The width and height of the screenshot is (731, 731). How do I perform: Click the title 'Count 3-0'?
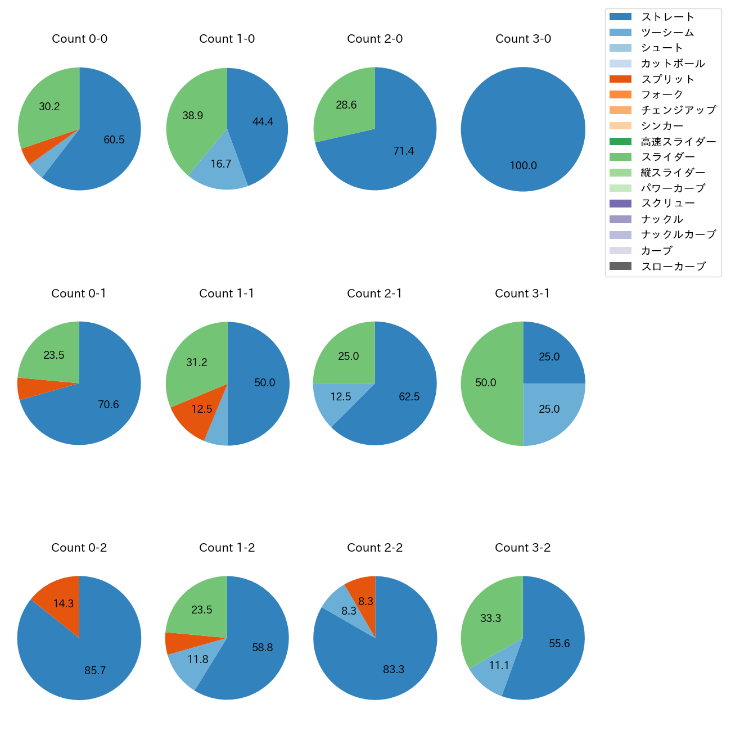click(523, 39)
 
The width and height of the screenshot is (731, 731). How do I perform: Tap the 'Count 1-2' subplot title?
click(227, 548)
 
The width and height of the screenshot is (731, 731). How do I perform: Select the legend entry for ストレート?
click(667, 17)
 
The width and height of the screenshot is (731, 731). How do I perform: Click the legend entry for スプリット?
click(667, 79)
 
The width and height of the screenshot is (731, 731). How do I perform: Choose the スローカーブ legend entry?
click(673, 267)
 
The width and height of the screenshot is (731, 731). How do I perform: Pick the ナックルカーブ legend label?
click(678, 235)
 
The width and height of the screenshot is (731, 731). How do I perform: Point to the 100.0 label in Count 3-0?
click(523, 166)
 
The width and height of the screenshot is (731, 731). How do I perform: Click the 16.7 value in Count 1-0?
click(221, 164)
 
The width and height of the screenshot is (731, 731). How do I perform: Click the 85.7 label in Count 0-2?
click(95, 671)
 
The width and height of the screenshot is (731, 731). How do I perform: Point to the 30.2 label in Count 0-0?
click(49, 107)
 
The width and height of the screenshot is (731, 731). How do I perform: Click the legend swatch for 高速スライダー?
click(620, 142)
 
